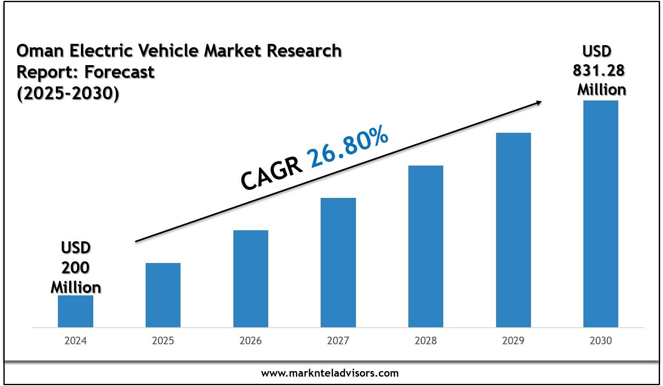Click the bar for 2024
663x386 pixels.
(x=75, y=311)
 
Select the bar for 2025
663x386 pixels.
(x=163, y=295)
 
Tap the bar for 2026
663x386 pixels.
(x=251, y=279)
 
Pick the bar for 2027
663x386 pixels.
(x=338, y=263)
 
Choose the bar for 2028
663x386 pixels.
(x=426, y=246)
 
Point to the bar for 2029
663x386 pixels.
(x=514, y=230)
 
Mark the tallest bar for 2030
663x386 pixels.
(x=601, y=214)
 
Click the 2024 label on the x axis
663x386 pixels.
(x=75, y=341)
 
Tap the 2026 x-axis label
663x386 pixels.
(x=251, y=341)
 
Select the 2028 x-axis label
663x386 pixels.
(x=426, y=341)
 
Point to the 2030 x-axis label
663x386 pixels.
(x=601, y=341)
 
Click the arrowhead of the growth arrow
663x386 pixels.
(x=538, y=102)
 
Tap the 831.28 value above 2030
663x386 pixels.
(x=599, y=71)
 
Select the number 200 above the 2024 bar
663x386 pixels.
(x=75, y=268)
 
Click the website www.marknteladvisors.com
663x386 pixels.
(x=330, y=374)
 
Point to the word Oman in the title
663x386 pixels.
(x=40, y=51)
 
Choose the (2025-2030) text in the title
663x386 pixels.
(x=68, y=93)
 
